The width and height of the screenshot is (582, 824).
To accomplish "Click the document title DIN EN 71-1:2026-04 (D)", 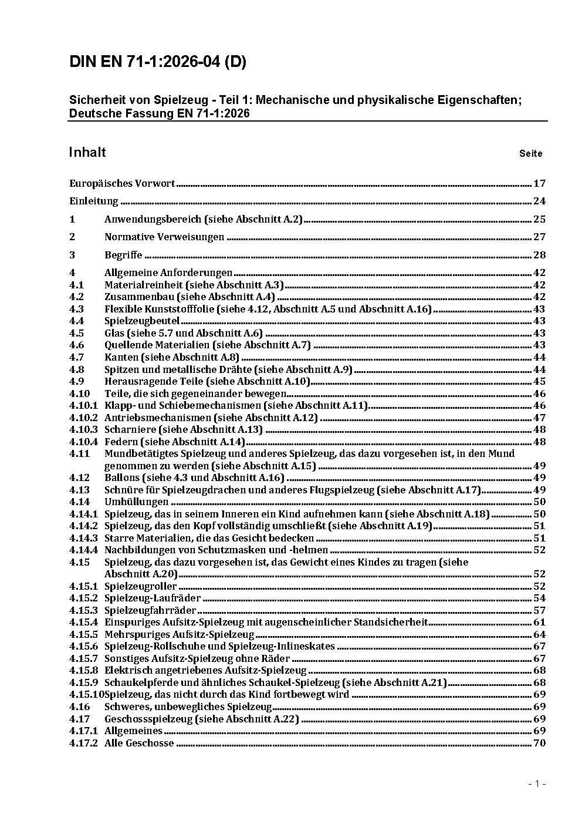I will [x=157, y=62].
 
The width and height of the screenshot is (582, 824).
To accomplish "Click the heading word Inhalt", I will [x=87, y=153].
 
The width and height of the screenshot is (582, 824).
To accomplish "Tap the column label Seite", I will [x=530, y=154].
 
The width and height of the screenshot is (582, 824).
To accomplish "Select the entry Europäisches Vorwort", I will [x=122, y=183].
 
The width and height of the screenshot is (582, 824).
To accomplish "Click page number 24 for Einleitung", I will [x=539, y=201].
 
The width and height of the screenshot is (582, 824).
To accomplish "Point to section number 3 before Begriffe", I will [x=72, y=255].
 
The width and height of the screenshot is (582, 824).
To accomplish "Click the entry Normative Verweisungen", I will [x=164, y=237].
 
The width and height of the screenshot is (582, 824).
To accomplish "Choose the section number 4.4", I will [x=76, y=321].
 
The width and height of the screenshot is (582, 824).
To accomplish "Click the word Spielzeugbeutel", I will [x=142, y=321].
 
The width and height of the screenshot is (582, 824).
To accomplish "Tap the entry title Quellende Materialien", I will [x=157, y=345].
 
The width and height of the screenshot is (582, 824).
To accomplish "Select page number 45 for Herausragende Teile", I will [x=539, y=381].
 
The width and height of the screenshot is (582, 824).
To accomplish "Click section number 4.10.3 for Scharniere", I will [x=83, y=429].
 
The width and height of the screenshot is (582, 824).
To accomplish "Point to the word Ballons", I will [x=121, y=477].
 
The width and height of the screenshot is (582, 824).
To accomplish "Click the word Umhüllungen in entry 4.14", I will [x=137, y=502].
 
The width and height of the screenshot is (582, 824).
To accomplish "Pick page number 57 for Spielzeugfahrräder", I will [x=539, y=610].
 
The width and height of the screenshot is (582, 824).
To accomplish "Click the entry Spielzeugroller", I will [x=141, y=586].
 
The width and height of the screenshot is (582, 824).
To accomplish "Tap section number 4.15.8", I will [x=83, y=670].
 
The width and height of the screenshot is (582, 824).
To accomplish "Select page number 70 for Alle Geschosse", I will [x=539, y=743].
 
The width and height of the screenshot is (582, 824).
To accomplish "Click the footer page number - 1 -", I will [x=537, y=783].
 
